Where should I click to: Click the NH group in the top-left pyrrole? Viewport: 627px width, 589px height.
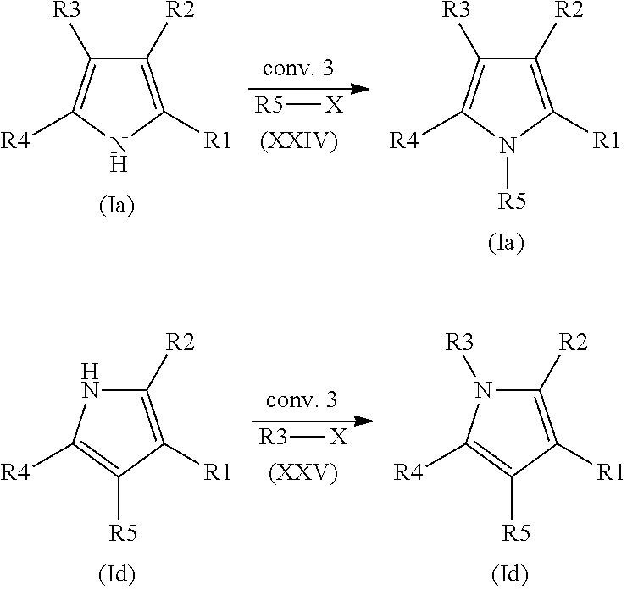[x=119, y=155]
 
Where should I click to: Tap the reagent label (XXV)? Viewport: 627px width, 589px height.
[x=303, y=474]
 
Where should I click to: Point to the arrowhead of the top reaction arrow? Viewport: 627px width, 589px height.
[x=359, y=89]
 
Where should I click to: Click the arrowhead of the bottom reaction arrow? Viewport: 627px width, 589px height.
[x=363, y=421]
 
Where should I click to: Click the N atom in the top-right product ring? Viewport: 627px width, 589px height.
[x=508, y=146]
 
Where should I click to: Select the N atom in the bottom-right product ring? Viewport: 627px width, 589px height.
[x=484, y=389]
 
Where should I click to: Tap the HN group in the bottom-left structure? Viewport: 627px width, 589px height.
[x=91, y=382]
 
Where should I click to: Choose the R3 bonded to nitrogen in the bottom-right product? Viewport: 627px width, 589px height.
[x=459, y=342]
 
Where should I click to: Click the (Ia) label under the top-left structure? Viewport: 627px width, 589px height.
[x=116, y=206]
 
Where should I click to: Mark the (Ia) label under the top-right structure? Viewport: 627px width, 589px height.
[x=506, y=243]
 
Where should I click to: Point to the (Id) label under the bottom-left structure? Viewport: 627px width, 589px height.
[x=117, y=575]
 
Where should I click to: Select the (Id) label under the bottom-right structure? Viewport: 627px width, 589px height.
[x=510, y=575]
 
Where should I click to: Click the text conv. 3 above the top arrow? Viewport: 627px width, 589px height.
[x=298, y=69]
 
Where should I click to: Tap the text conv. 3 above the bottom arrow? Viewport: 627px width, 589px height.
[x=302, y=400]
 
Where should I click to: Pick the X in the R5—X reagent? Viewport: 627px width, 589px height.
[x=335, y=106]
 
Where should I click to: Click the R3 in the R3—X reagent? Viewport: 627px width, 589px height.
[x=274, y=438]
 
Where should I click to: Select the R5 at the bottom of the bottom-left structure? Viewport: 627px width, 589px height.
[x=123, y=532]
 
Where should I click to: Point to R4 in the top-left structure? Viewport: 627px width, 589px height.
[x=15, y=140]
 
